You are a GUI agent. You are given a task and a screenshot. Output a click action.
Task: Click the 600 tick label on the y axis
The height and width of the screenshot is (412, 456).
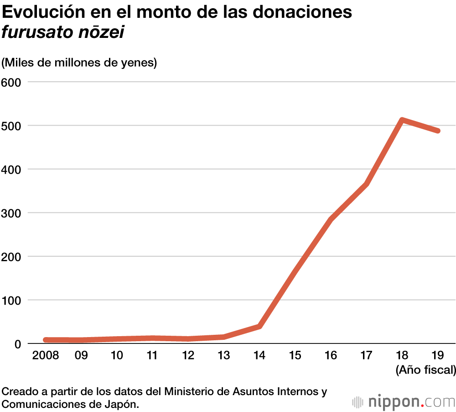11,82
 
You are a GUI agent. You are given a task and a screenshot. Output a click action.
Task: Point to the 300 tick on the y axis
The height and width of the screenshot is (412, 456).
11,213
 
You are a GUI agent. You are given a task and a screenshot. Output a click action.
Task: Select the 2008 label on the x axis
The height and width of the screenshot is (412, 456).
45,355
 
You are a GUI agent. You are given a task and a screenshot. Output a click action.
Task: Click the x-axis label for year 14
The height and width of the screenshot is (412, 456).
259,355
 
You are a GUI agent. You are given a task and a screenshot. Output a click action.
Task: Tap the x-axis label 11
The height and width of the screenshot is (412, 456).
152,355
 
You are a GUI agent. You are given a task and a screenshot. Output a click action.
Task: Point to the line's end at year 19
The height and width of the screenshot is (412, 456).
438,131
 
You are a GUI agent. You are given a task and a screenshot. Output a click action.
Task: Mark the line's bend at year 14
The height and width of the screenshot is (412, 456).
259,326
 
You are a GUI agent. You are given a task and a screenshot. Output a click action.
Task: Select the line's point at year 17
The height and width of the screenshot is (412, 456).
367,184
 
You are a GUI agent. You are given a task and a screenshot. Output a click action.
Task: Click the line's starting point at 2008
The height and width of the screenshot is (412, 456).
46,340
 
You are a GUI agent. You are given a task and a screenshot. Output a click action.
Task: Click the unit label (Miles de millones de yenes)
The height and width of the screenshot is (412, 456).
79,63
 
